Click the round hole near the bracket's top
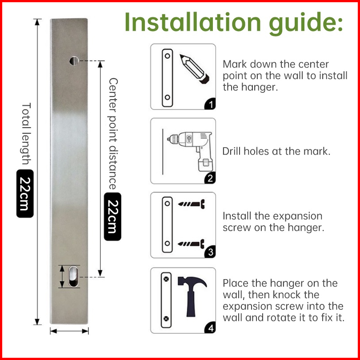(74, 60)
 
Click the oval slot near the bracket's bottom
(73, 276)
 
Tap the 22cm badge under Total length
(25, 193)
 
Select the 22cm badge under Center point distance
(112, 216)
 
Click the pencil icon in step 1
(195, 68)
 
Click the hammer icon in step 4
(192, 296)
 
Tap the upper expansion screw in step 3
(192, 204)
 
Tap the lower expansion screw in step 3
(192, 244)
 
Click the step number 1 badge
(211, 104)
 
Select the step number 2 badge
(211, 178)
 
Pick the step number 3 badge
(211, 252)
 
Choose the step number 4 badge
(211, 328)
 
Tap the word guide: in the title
(306, 24)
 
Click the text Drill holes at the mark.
(276, 151)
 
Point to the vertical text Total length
(26, 134)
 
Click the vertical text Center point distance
(113, 134)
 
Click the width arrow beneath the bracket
(69, 331)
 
